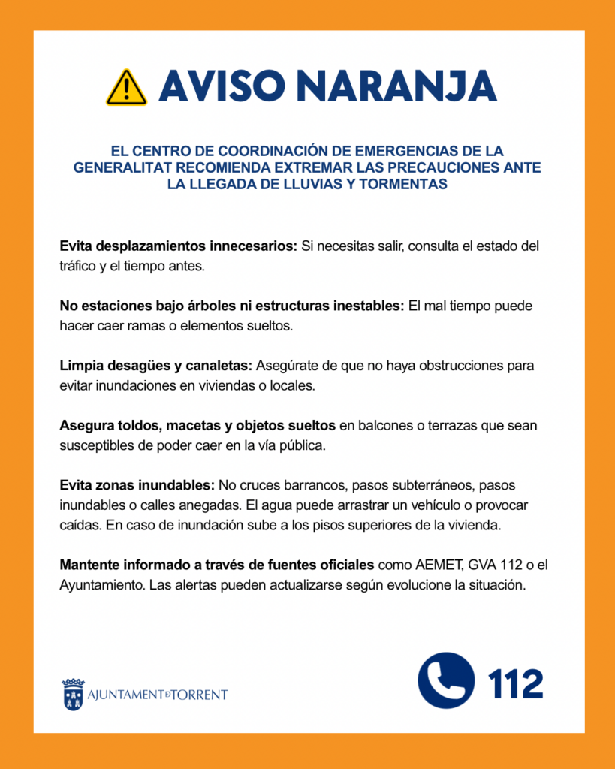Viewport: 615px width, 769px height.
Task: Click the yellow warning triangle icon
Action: pos(126,87)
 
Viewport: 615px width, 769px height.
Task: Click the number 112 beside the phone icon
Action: pos(516,683)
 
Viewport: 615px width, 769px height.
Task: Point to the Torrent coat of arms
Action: pos(73,695)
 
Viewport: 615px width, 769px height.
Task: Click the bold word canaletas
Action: pos(220,366)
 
